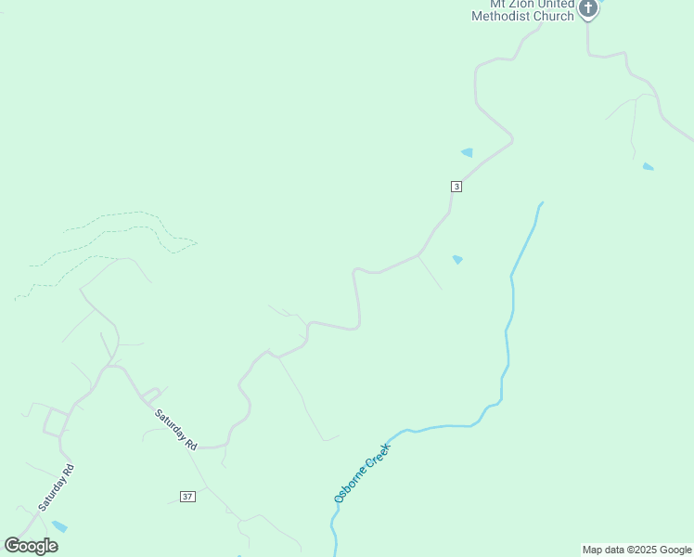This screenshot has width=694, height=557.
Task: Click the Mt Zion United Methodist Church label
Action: (522, 10)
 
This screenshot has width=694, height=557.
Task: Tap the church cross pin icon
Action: (587, 8)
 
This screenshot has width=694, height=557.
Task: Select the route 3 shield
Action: (456, 187)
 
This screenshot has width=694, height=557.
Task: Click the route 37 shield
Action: (187, 497)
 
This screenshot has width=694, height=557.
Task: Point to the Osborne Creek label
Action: (363, 473)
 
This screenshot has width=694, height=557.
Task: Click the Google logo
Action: (31, 546)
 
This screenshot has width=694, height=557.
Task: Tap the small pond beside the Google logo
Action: (59, 526)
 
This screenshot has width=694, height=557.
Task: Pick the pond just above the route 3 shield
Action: (467, 152)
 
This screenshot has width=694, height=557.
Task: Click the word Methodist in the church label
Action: (502, 16)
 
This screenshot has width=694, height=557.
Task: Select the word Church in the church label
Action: (554, 16)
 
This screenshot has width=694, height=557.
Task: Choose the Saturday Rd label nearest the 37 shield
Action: (176, 430)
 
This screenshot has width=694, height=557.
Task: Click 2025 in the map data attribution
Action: (646, 550)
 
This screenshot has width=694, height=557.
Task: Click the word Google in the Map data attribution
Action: (676, 550)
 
